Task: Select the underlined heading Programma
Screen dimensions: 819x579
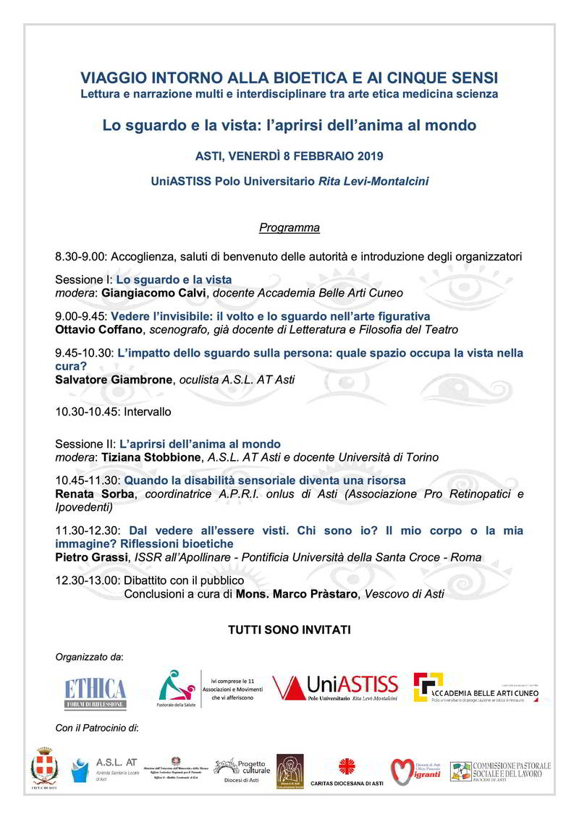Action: coord(289,228)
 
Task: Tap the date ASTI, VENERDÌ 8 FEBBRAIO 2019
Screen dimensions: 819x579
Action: coord(289,156)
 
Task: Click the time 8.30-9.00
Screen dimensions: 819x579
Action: coord(81,257)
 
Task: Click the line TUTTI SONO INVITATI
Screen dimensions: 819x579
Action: coord(289,630)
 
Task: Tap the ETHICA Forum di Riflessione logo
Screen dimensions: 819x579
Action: coord(95,692)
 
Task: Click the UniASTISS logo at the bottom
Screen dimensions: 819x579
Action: coord(335,689)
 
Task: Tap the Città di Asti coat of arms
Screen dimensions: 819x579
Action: coord(43,769)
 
